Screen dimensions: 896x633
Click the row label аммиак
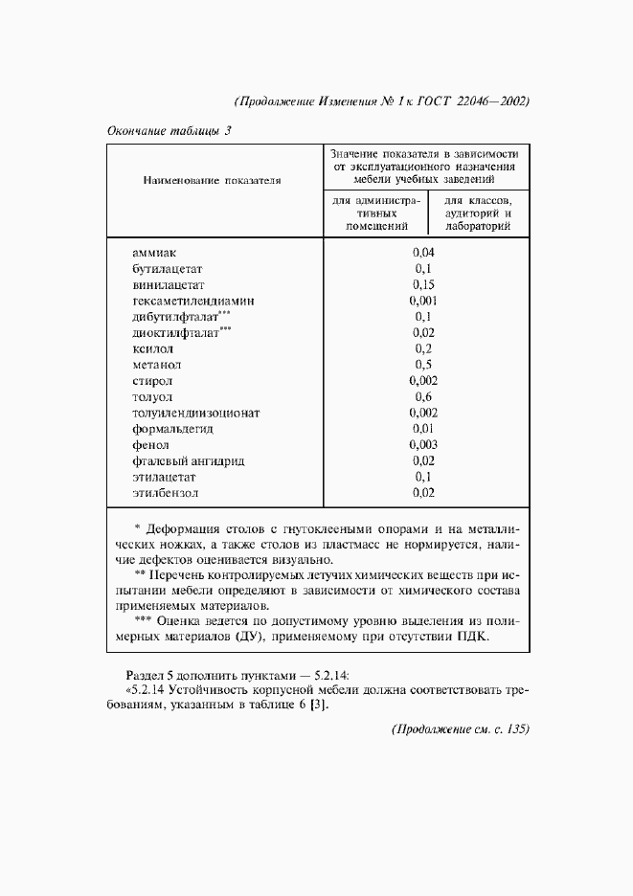[154, 252]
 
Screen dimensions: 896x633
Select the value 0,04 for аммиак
[423, 252]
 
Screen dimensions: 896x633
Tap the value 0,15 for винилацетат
[423, 284]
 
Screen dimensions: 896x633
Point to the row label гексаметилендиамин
[193, 301]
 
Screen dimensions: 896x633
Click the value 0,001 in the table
[423, 301]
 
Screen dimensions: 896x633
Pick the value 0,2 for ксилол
[423, 348]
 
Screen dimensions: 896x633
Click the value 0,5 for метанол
[423, 365]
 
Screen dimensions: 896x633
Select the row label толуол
[153, 397]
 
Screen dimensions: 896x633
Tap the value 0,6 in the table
[423, 397]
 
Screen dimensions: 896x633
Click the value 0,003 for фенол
[423, 445]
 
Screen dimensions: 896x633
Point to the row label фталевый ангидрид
[189, 461]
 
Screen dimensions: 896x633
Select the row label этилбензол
[168, 494]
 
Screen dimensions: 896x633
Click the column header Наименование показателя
[212, 179]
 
